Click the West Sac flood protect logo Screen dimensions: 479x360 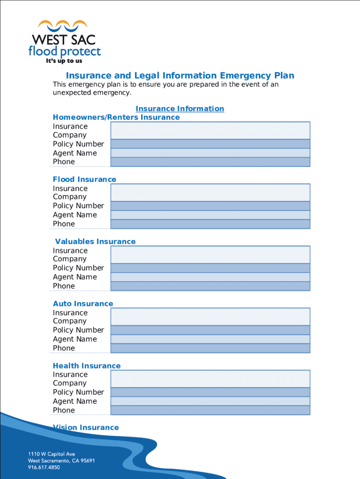(x=65, y=40)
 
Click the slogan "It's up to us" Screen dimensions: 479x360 (x=65, y=61)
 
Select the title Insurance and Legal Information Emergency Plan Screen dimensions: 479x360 (x=180, y=76)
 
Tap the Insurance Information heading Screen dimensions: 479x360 (x=180, y=109)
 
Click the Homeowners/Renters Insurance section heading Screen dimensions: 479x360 (x=116, y=117)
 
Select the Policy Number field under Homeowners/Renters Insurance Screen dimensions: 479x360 (x=210, y=144)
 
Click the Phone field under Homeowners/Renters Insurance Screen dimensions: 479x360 (x=210, y=162)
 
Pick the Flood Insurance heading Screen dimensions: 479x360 (x=85, y=180)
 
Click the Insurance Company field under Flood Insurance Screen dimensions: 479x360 (x=210, y=193)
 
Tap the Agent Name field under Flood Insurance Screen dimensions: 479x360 (x=210, y=215)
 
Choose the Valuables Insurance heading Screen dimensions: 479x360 (x=95, y=242)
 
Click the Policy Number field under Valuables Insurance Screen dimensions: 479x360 (x=210, y=268)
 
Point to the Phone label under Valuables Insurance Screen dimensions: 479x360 (x=64, y=286)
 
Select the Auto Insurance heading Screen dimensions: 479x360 (x=83, y=304)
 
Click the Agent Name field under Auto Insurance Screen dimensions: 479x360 (x=210, y=339)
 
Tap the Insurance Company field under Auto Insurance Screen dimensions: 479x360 (x=210, y=317)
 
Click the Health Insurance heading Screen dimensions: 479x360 (x=86, y=366)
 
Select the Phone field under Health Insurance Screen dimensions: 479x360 (x=210, y=410)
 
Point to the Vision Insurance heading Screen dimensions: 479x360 (x=86, y=428)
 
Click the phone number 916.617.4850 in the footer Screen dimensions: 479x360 (x=44, y=467)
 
